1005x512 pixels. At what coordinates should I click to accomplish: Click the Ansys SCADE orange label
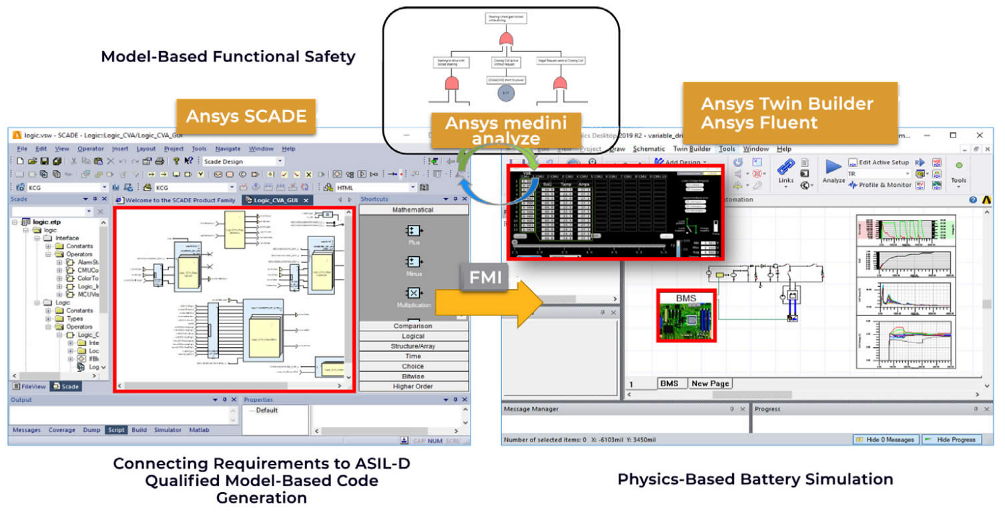(x=246, y=117)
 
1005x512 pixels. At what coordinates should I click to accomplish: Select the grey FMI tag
(x=485, y=276)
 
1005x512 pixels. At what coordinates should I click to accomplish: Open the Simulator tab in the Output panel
(x=167, y=430)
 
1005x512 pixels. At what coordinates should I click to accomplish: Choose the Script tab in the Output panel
(x=116, y=430)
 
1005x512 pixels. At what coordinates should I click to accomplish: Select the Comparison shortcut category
(x=412, y=326)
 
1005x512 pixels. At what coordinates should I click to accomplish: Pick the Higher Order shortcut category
(x=412, y=387)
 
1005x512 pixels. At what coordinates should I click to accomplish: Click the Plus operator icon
(x=414, y=232)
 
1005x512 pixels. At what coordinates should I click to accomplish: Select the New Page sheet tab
(x=709, y=383)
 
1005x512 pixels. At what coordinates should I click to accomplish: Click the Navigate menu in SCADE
(x=228, y=149)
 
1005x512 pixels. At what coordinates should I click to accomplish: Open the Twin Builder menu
(x=693, y=149)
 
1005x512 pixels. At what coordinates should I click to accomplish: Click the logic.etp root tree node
(x=47, y=222)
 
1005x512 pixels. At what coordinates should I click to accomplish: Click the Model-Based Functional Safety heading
(x=228, y=57)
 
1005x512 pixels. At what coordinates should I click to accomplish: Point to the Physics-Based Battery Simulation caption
(x=755, y=479)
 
